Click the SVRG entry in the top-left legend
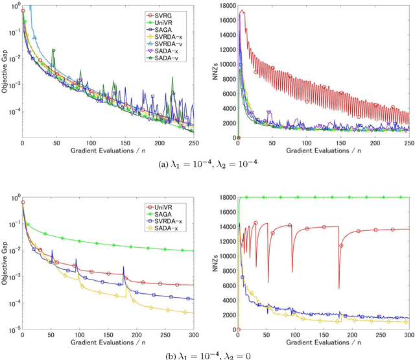click(x=170, y=14)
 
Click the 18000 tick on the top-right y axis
click(x=227, y=6)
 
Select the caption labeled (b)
click(x=207, y=355)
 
